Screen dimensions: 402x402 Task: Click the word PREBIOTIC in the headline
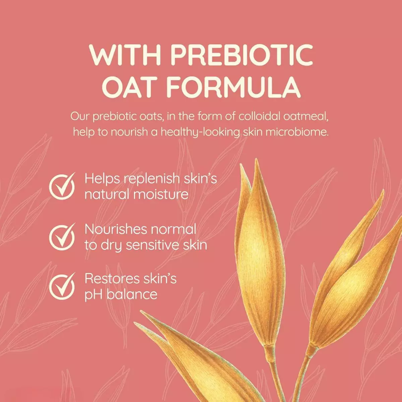tap(242, 54)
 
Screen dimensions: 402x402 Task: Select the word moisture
tap(161, 194)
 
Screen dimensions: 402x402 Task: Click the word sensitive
tap(152, 245)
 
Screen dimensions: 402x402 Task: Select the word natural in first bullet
tap(107, 194)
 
